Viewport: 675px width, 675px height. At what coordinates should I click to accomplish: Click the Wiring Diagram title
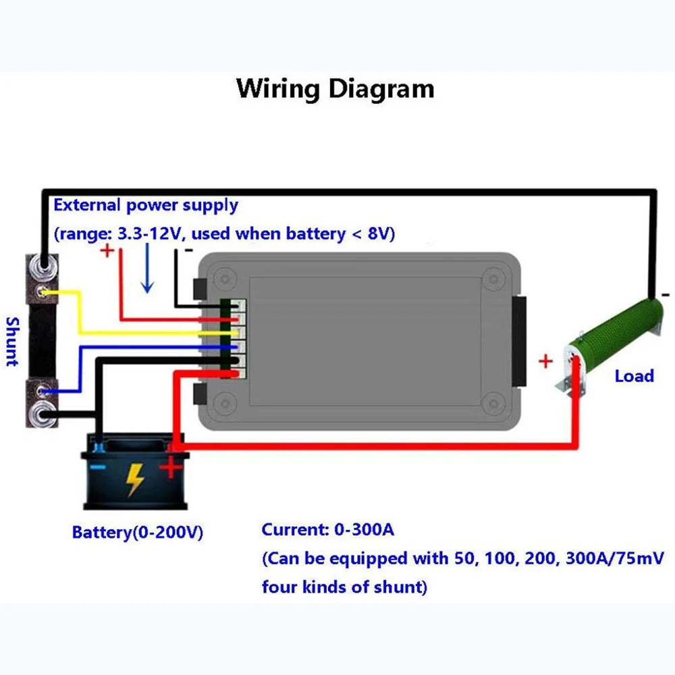335,89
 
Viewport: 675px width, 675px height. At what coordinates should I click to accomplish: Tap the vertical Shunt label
13,342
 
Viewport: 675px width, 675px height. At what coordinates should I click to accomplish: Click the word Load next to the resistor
634,376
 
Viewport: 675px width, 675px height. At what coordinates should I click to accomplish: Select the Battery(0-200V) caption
137,533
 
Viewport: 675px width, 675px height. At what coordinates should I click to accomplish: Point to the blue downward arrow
147,268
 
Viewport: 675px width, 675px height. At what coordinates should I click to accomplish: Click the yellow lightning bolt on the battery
134,480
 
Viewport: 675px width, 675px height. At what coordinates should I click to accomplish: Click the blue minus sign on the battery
98,467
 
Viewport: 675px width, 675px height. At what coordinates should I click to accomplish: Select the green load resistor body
616,334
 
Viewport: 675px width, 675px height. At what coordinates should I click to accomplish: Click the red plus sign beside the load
545,361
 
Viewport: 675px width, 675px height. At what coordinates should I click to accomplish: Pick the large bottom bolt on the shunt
43,414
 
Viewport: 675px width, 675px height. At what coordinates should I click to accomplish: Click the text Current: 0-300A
327,529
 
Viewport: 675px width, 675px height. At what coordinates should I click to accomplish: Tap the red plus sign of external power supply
107,250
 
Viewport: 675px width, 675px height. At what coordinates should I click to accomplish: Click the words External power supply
146,205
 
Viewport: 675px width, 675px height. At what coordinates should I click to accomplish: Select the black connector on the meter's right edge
519,341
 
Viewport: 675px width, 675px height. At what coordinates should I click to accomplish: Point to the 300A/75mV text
615,558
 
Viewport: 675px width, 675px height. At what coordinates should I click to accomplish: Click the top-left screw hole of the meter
225,279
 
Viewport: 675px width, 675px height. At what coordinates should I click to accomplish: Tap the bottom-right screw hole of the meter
493,402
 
